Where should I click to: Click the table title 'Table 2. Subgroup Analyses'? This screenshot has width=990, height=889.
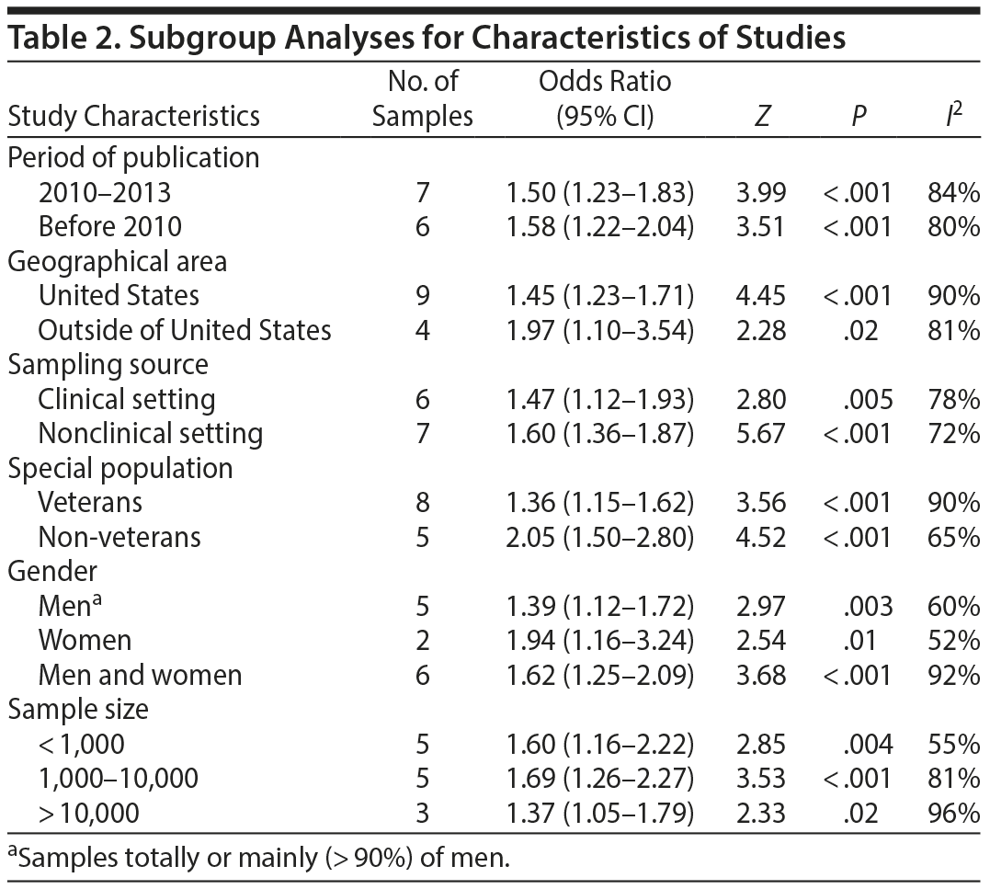click(427, 39)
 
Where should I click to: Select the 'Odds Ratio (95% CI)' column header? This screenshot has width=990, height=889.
click(604, 98)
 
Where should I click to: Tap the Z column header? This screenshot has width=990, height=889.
click(760, 117)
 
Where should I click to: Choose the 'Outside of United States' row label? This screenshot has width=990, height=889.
click(185, 330)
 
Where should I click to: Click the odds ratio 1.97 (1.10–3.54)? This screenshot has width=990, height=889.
click(599, 330)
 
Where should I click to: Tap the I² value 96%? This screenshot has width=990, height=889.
click(954, 813)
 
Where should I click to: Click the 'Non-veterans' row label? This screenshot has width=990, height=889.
click(119, 537)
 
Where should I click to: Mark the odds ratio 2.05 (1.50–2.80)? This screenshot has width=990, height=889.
click(599, 537)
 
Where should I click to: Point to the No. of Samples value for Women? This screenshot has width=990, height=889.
click(422, 640)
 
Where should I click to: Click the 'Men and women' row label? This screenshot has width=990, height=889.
click(140, 675)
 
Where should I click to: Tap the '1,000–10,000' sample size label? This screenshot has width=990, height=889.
click(118, 779)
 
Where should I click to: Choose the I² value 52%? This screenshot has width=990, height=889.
click(954, 640)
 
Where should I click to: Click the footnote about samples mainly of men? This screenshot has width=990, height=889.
click(258, 859)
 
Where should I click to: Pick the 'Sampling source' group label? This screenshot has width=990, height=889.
click(108, 365)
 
